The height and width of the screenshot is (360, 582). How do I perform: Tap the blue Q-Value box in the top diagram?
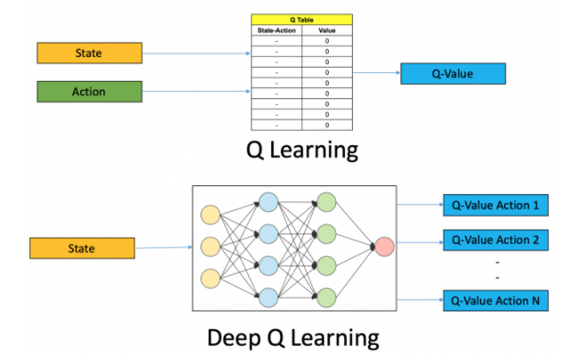453,74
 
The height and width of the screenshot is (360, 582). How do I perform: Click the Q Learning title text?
302,150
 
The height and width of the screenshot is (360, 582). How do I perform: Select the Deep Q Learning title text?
294,338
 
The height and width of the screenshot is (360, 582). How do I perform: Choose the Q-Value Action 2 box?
496,240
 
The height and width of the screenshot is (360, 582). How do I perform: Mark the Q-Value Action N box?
496,301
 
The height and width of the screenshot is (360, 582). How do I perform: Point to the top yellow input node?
210,215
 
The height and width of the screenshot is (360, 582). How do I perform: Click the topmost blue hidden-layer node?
268,201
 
